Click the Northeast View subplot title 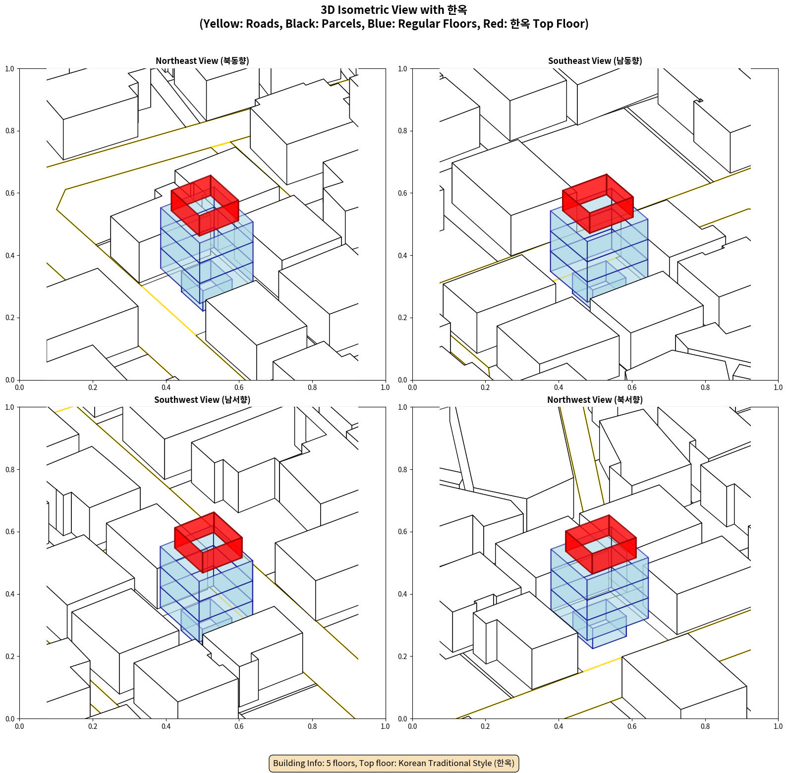202,61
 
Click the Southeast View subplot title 595,61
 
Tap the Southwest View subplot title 202,400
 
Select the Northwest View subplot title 595,400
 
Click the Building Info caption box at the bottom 394,763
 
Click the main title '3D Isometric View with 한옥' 394,10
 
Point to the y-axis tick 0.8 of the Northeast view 10,131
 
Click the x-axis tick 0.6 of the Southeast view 632,387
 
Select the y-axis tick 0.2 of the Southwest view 10,657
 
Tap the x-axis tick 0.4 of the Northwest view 559,726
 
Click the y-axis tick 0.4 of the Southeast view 402,256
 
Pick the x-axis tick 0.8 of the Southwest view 312,726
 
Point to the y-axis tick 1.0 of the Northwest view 402,407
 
